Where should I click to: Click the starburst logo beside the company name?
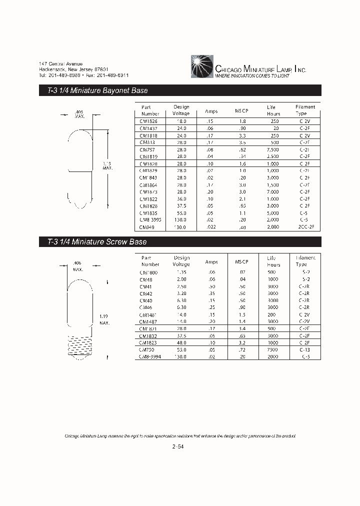[202, 66]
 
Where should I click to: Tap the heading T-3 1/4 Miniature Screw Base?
[93, 242]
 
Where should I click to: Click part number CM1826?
[149, 121]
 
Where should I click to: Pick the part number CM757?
[147, 149]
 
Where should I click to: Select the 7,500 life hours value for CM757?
[273, 149]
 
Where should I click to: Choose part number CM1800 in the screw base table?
[149, 272]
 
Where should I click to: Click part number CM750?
[147, 350]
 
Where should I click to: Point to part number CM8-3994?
[150, 357]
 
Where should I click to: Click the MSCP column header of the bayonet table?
[241, 110]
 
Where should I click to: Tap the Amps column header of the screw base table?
[211, 261]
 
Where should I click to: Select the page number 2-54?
[178, 447]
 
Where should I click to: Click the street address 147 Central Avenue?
[61, 64]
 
